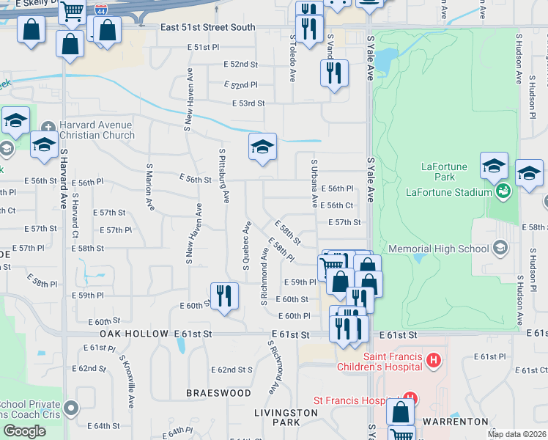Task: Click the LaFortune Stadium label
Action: (x=448, y=192)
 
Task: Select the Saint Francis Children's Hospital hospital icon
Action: (x=434, y=360)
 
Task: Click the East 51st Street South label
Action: (x=208, y=28)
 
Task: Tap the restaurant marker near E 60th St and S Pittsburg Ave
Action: (x=224, y=296)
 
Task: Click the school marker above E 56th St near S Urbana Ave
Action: (x=262, y=147)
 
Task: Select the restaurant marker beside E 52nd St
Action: (x=334, y=73)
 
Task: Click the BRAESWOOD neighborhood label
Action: (x=218, y=393)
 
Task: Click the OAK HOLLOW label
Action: (x=130, y=334)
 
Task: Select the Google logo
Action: (x=24, y=431)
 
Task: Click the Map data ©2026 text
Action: (x=516, y=434)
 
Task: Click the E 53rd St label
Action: (x=248, y=103)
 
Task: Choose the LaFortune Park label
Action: (x=444, y=172)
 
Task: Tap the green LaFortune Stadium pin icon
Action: (x=503, y=192)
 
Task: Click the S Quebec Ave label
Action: (x=247, y=246)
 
